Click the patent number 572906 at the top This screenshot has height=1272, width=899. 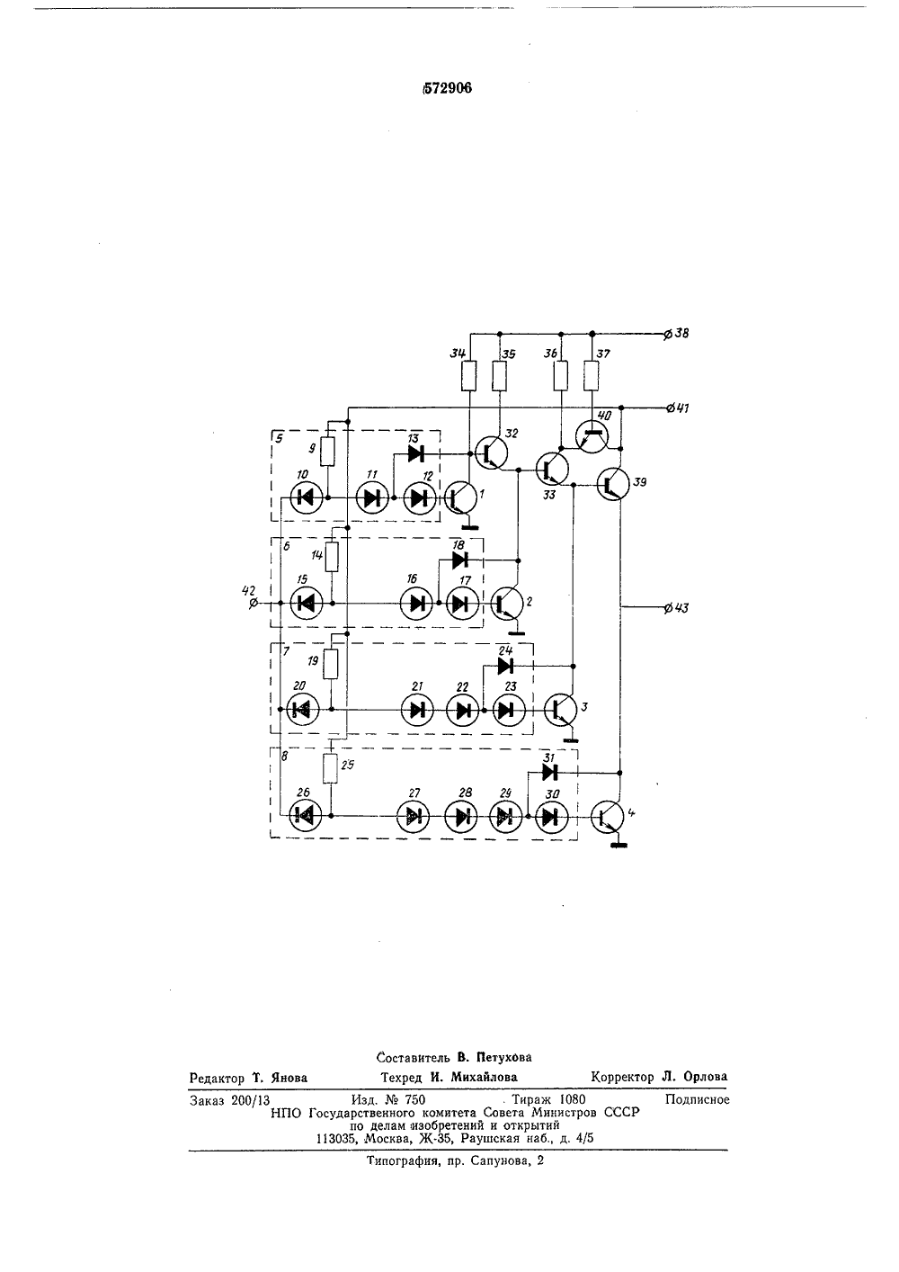(447, 88)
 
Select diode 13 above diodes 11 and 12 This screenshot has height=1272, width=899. (416, 453)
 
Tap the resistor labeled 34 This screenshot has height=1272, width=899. (468, 376)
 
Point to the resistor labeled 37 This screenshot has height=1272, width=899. (592, 376)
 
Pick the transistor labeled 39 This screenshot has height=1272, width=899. (613, 484)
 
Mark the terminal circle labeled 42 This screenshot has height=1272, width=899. (254, 603)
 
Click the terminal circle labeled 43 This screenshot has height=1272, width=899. (669, 607)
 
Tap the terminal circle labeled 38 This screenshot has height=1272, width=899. (669, 334)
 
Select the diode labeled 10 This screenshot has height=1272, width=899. (307, 498)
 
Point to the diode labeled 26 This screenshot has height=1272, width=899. (306, 816)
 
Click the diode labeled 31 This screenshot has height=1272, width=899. (549, 772)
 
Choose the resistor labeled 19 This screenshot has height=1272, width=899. (330, 665)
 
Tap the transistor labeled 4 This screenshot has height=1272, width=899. (608, 816)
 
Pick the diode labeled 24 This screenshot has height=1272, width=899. (505, 666)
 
